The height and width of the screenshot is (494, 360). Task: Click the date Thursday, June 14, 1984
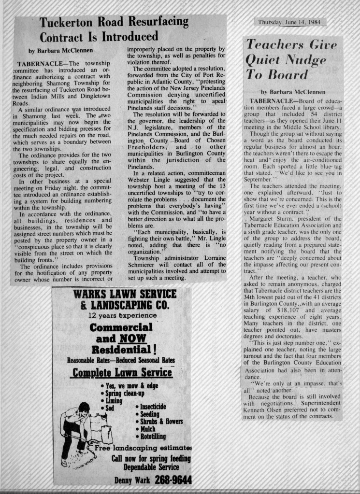pos(289,22)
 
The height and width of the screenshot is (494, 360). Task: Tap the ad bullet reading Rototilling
pos(153,437)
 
